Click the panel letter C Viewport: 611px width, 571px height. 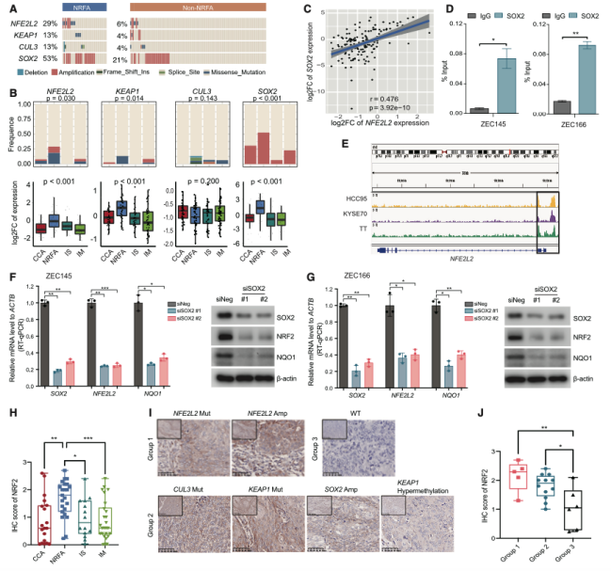point(309,8)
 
